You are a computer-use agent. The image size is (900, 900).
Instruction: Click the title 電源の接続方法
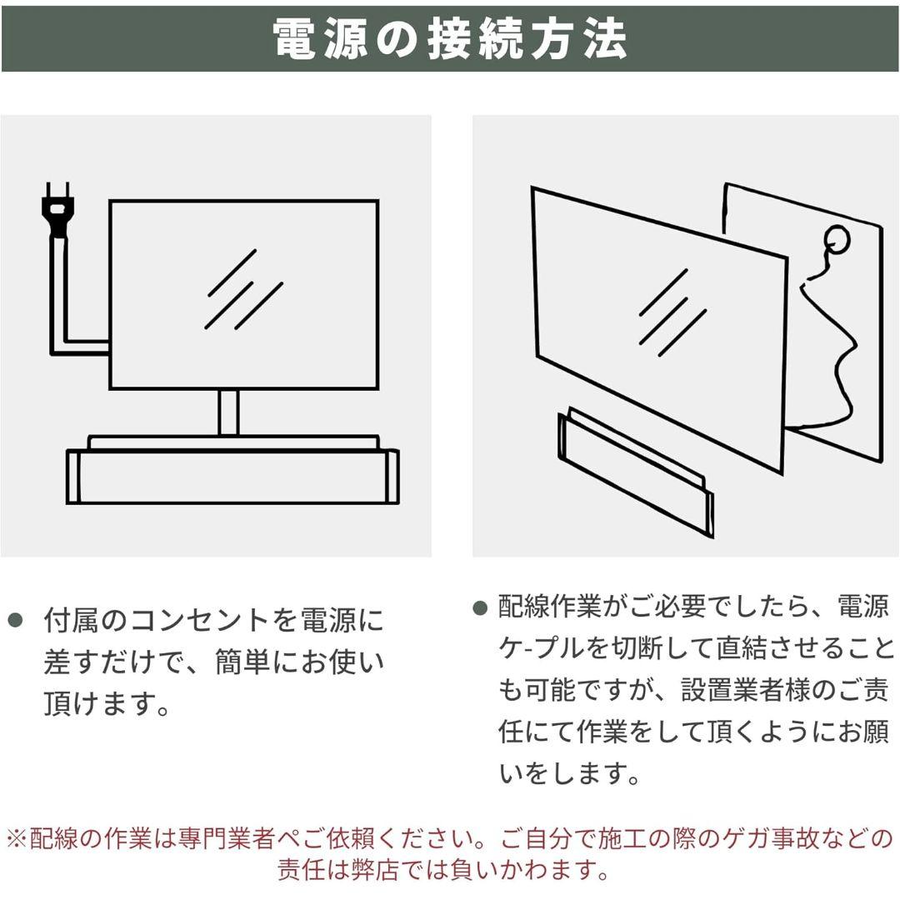[x=450, y=38]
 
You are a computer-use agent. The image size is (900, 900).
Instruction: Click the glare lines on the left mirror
[x=244, y=289]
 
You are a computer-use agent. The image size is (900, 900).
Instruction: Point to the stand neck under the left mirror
[x=229, y=412]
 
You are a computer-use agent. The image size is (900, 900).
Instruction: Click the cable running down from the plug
[x=57, y=292]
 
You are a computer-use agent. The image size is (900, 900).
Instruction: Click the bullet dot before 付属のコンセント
[x=14, y=619]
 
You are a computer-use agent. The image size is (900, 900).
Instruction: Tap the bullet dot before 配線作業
[x=479, y=607]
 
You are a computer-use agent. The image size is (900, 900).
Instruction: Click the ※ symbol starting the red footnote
[x=17, y=837]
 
